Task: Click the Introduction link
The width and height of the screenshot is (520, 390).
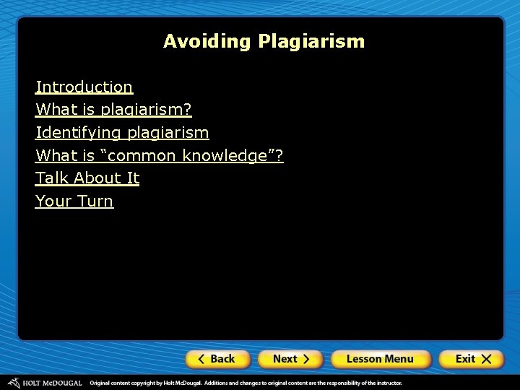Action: (84, 87)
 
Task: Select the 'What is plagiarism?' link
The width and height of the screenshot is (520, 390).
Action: (113, 110)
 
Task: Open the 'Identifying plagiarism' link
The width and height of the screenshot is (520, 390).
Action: (122, 133)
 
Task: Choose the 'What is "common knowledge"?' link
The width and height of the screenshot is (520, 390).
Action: (159, 155)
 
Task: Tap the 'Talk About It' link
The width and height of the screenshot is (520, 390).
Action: (87, 178)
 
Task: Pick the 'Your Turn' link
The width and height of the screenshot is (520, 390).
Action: (74, 201)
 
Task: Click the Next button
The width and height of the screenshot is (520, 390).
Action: (291, 359)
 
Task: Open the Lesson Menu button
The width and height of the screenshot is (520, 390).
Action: (380, 359)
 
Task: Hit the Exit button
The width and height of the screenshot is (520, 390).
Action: (474, 359)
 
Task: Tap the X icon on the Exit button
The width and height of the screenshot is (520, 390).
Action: (487, 359)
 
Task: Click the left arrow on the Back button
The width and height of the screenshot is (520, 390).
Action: (201, 359)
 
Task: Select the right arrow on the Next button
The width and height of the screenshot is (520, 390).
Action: (306, 359)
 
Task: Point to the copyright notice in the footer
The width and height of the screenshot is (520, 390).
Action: (246, 383)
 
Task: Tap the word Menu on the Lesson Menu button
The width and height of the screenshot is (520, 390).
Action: (399, 359)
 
